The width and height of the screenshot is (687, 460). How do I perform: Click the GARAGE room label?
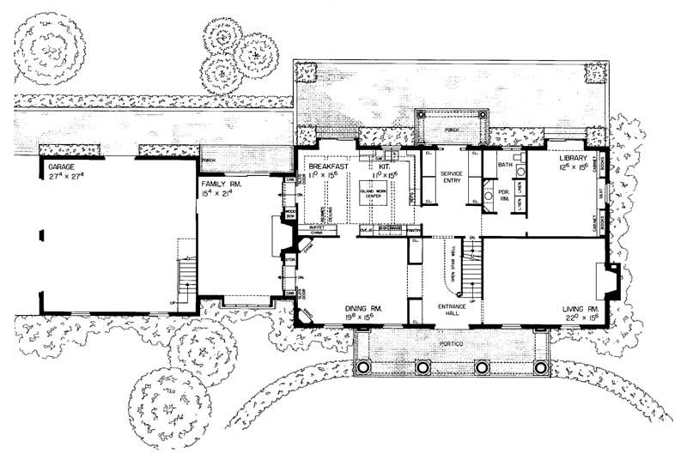[x=59, y=165]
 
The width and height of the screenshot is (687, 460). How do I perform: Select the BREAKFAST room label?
[x=327, y=165]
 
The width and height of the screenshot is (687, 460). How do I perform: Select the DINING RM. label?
[x=363, y=308]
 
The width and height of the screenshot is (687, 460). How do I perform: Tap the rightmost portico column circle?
[x=540, y=367]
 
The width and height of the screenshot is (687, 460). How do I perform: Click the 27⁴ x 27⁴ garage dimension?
[x=62, y=174]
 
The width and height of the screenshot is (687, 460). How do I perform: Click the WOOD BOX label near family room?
[x=291, y=214]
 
